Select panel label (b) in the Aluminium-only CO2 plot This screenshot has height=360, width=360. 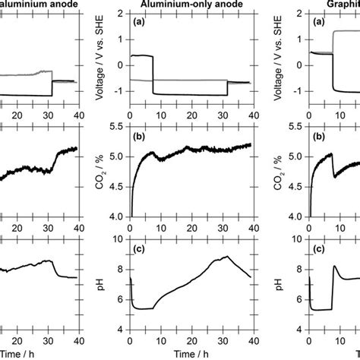pyautogui.click(x=139, y=135)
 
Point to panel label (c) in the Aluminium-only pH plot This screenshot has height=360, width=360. pyautogui.click(x=139, y=248)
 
